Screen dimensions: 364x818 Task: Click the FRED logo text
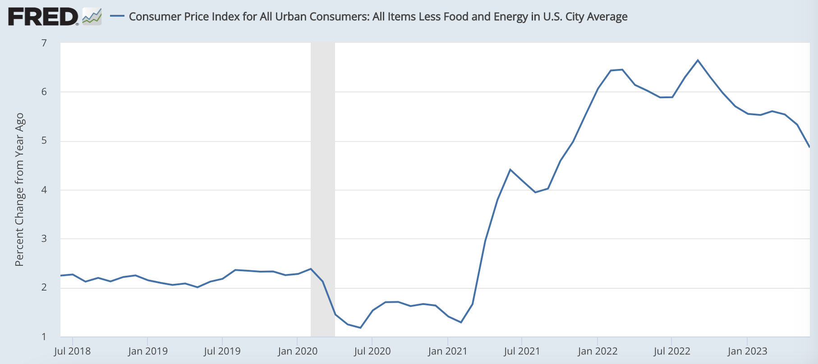pyautogui.click(x=43, y=17)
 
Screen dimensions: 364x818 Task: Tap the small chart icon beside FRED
pyautogui.click(x=92, y=17)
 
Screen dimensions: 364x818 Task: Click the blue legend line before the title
pyautogui.click(x=117, y=16)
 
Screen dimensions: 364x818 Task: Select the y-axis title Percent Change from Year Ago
pyautogui.click(x=19, y=190)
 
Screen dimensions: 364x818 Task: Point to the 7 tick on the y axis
pyautogui.click(x=44, y=43)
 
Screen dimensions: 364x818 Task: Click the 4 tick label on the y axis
pyautogui.click(x=44, y=190)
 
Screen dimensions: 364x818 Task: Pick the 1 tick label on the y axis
pyautogui.click(x=44, y=337)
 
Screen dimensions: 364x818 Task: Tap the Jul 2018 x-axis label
pyautogui.click(x=72, y=351)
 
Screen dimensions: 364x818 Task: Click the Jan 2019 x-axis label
pyautogui.click(x=147, y=351)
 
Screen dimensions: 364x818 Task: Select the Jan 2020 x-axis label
pyautogui.click(x=298, y=351)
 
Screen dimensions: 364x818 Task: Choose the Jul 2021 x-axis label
pyautogui.click(x=522, y=351)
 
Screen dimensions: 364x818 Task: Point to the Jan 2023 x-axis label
pyautogui.click(x=747, y=351)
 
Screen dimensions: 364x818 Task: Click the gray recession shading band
pyautogui.click(x=323, y=189)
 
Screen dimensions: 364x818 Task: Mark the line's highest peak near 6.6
pyautogui.click(x=698, y=60)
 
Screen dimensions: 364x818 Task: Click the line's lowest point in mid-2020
pyautogui.click(x=360, y=328)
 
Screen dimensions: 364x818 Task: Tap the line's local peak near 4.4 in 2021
pyautogui.click(x=510, y=169)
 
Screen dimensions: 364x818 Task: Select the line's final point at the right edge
pyautogui.click(x=809, y=147)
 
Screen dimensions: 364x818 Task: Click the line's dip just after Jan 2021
pyautogui.click(x=461, y=322)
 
